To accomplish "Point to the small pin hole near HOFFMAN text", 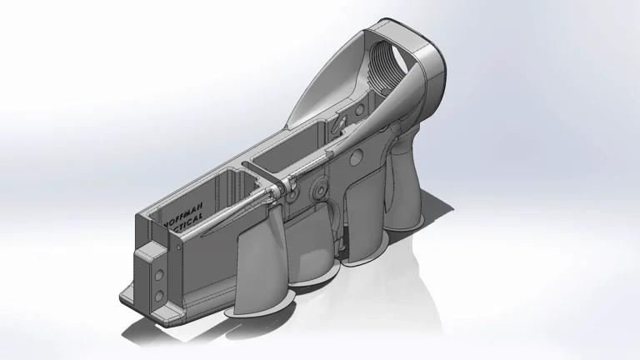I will [x=176, y=247].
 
